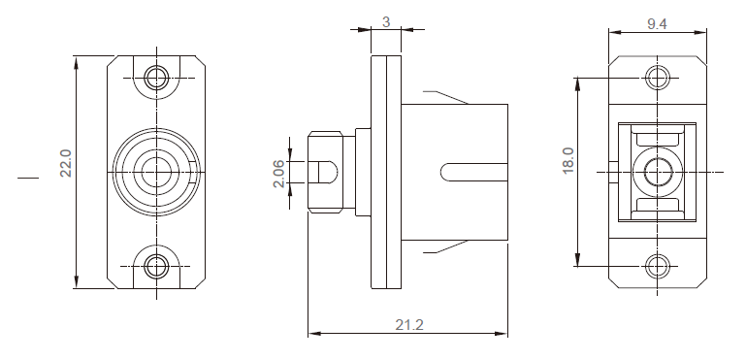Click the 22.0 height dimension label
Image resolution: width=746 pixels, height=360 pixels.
coord(66,163)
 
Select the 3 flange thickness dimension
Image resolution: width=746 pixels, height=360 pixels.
coord(386,22)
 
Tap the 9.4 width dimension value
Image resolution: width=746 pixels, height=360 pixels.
coord(657,24)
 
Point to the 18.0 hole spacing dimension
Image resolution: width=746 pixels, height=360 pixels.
coord(568,161)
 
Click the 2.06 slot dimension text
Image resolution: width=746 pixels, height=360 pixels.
coord(278,174)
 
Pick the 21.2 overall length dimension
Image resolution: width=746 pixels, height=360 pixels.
coord(409,325)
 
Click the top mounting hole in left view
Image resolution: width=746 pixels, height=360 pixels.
coord(156,78)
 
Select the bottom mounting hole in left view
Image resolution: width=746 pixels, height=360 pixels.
coord(156,266)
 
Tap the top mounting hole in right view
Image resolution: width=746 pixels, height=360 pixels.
coord(658,78)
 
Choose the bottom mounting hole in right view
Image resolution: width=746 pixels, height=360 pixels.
coord(658,266)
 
